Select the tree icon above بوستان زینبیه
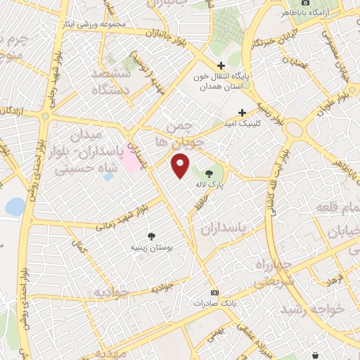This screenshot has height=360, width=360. (151, 237)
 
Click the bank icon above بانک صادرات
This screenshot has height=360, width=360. (215, 292)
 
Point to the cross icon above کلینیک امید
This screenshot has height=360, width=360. (243, 112)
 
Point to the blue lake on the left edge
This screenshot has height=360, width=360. (14, 206)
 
